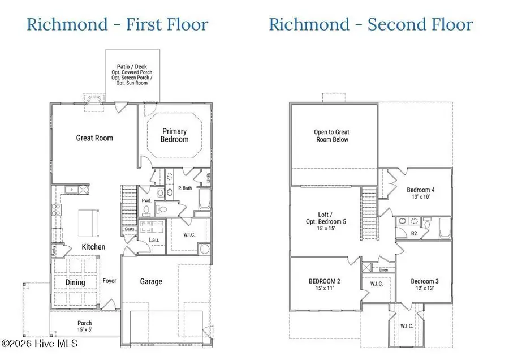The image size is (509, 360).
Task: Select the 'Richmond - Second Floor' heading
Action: point(370,24)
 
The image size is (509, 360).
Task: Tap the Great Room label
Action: point(94,138)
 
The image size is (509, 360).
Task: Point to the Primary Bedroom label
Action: point(175,135)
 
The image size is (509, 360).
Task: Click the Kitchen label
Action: point(93,247)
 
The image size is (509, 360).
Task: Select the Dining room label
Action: point(75,282)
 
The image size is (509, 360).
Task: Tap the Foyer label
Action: point(109,281)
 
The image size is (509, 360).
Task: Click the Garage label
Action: point(151,281)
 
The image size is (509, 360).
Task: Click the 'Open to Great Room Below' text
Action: point(331,136)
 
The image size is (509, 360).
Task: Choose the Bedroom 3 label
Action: point(423,285)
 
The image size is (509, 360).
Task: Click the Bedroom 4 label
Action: point(419,194)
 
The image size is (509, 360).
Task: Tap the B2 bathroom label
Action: point(413,233)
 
